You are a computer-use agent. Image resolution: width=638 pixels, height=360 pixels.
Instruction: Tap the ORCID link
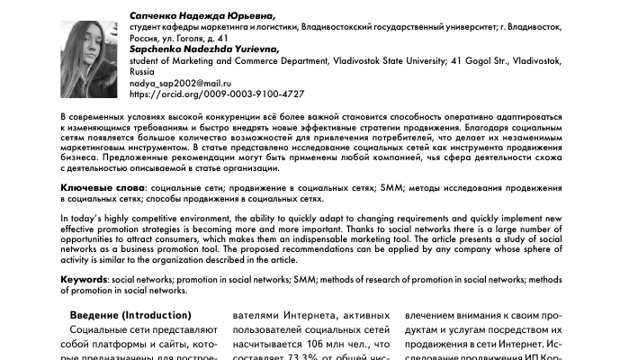(x=217, y=93)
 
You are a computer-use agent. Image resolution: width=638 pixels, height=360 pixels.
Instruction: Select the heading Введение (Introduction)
(x=130, y=315)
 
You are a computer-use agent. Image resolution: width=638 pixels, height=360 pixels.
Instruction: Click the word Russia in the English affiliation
(x=144, y=70)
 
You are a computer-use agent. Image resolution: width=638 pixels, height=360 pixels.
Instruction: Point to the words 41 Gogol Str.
(x=479, y=60)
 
